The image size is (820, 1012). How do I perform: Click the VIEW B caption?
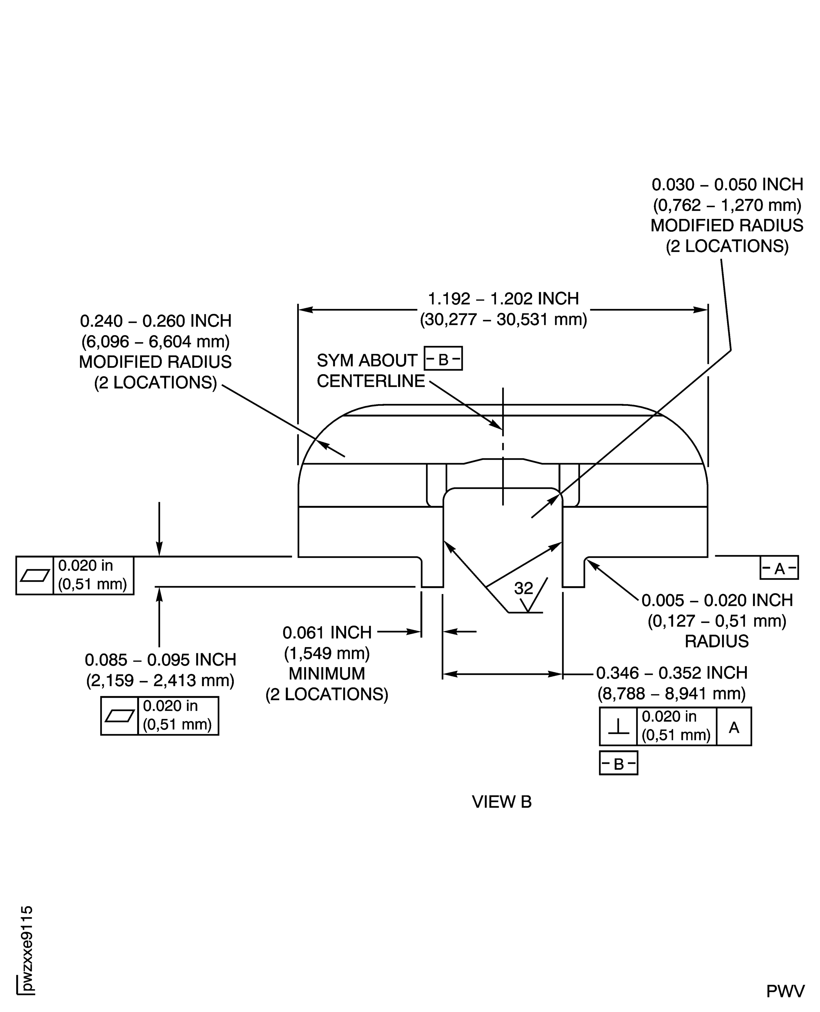point(502,802)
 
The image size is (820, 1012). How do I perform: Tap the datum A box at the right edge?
point(779,568)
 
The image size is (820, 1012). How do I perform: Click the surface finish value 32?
point(523,588)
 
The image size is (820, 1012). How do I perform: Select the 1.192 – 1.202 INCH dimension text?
point(503,299)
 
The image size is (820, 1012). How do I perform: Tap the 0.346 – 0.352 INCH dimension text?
point(672,673)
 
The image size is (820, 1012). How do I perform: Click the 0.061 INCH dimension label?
point(327,632)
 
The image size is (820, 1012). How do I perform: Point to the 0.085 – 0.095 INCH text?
point(160,660)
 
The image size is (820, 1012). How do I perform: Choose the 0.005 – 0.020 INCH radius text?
point(717,600)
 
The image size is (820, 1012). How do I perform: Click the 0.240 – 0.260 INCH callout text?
point(156,321)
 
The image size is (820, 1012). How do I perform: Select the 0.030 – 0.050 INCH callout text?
point(727,184)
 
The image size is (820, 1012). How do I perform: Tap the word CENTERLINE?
point(371,381)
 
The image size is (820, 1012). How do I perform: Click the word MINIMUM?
point(327,674)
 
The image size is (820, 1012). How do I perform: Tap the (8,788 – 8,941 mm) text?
point(672,694)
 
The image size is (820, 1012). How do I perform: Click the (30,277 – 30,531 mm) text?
point(503,320)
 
